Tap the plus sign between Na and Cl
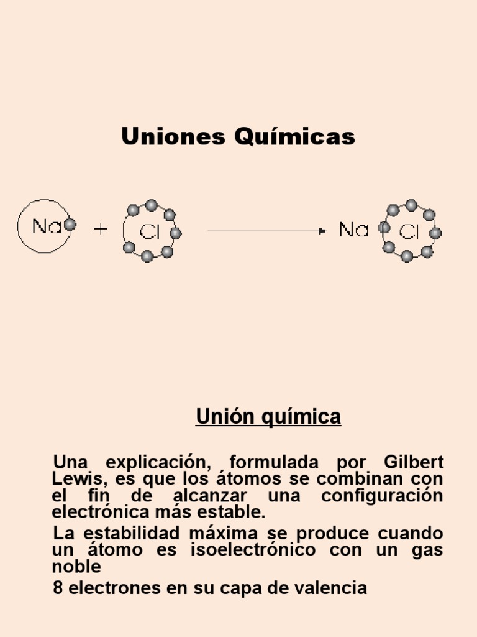click(x=101, y=230)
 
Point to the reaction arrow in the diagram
click(x=266, y=231)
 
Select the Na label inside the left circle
click(x=47, y=226)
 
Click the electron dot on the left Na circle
click(x=70, y=225)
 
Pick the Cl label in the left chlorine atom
click(x=150, y=233)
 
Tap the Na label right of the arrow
click(x=354, y=230)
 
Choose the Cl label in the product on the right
click(x=410, y=233)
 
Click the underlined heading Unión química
click(x=268, y=416)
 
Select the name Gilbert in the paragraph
click(x=414, y=463)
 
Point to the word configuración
click(x=382, y=496)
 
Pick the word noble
click(x=76, y=567)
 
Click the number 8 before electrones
click(x=58, y=588)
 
